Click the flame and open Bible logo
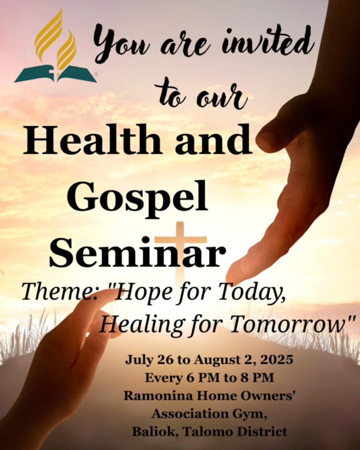55,46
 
